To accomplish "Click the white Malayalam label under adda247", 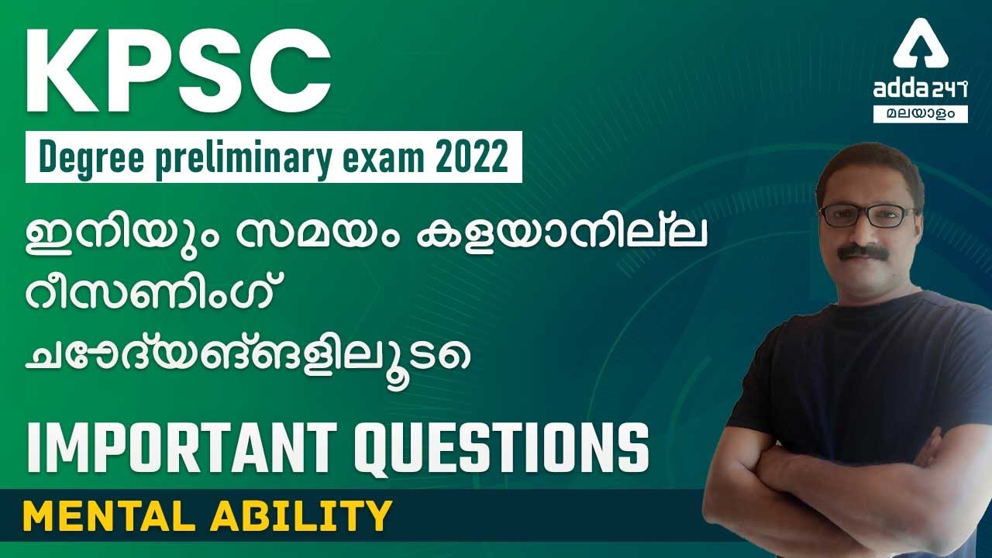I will [x=921, y=113].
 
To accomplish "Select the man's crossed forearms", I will [x=845, y=480].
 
